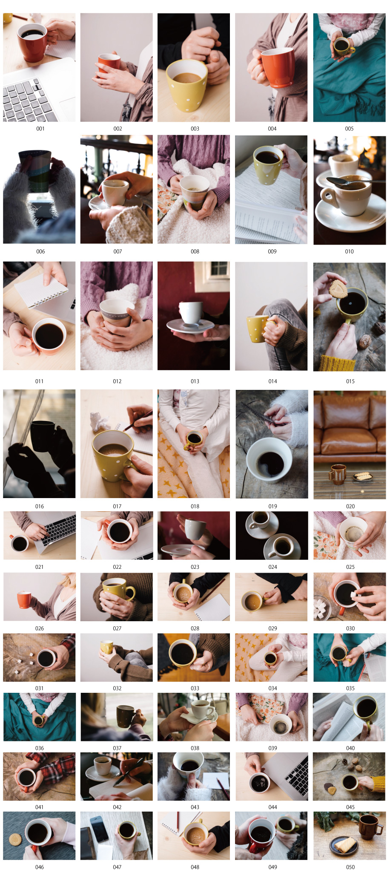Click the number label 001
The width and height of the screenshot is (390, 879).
(40, 129)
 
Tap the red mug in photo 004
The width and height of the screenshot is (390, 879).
(277, 67)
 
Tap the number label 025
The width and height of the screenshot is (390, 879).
(350, 567)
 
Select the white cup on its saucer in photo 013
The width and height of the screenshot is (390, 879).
(190, 314)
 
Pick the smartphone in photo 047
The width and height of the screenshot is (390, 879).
(99, 828)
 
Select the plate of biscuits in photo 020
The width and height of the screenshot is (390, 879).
(363, 476)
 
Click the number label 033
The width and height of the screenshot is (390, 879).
(195, 688)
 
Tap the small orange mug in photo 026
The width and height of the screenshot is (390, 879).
(24, 599)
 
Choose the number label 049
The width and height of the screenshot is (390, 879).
(272, 867)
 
